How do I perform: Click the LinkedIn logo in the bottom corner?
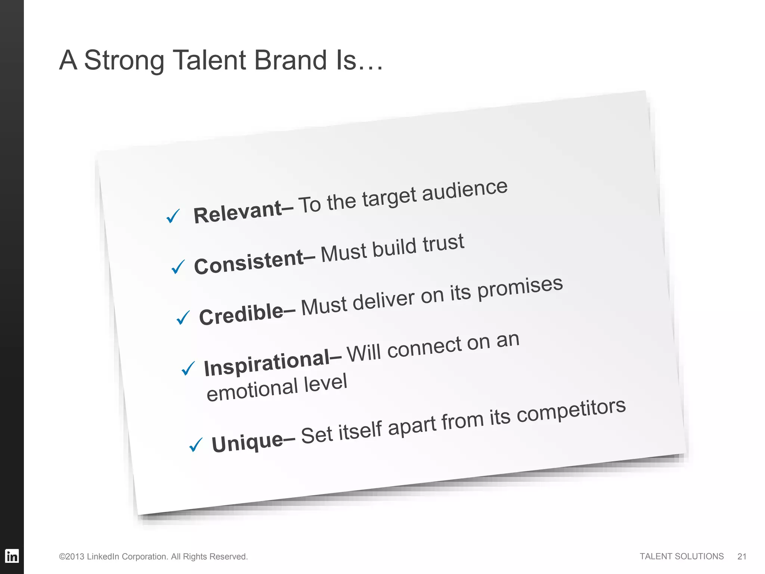[12, 556]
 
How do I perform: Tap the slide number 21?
[742, 556]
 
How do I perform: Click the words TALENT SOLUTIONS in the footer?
[681, 556]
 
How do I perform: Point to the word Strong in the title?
[124, 61]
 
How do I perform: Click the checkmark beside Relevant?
[173, 216]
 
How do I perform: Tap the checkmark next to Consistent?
[178, 267]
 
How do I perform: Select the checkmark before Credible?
[183, 318]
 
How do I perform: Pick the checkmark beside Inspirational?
[188, 368]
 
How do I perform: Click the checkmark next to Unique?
[196, 445]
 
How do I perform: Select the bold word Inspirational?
[267, 363]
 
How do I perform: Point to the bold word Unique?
[247, 442]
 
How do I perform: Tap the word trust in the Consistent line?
[443, 243]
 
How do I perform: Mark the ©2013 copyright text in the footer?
[153, 556]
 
